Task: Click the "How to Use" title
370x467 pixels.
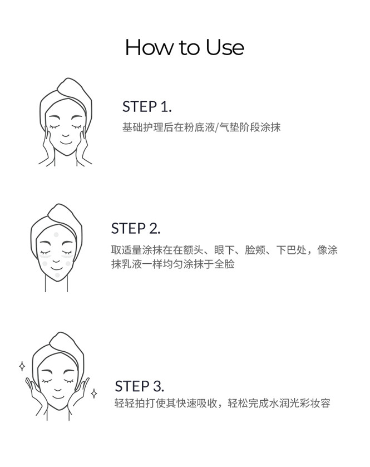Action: coord(185,47)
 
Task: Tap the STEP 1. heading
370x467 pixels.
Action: coord(147,107)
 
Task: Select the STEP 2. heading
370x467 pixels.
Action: coord(136,228)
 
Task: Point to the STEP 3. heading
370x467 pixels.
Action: coord(139,386)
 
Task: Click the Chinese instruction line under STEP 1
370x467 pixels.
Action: coord(201,127)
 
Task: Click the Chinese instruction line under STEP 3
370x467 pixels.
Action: coord(223,403)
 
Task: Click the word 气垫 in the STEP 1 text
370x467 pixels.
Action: coord(229,127)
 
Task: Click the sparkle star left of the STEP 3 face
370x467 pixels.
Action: coord(22,366)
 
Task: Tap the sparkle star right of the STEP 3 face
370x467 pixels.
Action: coord(94,394)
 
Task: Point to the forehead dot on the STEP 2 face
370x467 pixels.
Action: coord(56,235)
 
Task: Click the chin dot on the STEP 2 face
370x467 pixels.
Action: coord(57,275)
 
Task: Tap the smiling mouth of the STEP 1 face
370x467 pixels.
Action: coord(66,142)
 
